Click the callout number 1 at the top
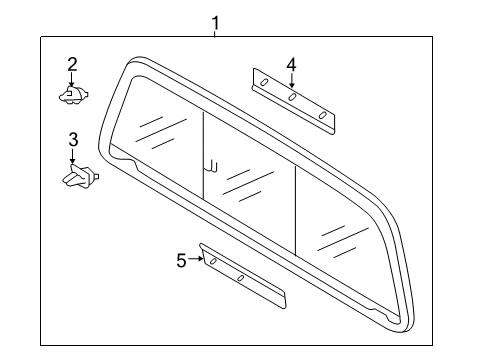tap(213, 21)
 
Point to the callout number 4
tap(291, 65)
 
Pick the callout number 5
tap(181, 260)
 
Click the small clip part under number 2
tap(73, 95)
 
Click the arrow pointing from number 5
tap(196, 260)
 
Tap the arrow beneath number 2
tap(72, 82)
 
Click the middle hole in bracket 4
tap(292, 98)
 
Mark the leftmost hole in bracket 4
tap(261, 81)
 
